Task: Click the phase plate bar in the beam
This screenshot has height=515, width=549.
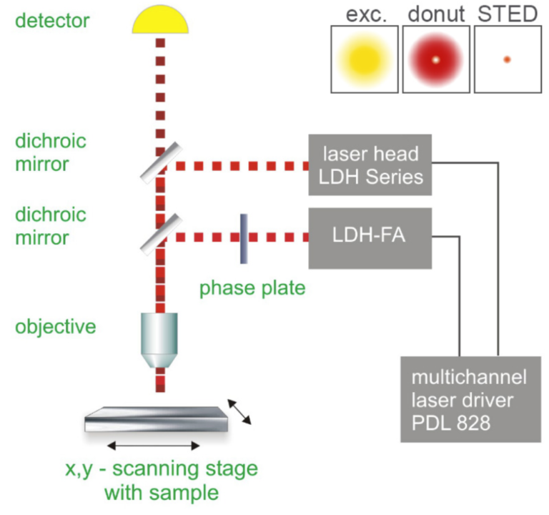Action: pos(244,237)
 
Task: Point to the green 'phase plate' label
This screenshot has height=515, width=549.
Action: pos(252,288)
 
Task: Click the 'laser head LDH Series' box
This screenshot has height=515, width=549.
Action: pos(370,165)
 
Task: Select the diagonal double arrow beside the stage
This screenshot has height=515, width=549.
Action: pos(239,411)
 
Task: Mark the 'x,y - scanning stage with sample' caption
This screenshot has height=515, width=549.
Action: pos(159,481)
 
